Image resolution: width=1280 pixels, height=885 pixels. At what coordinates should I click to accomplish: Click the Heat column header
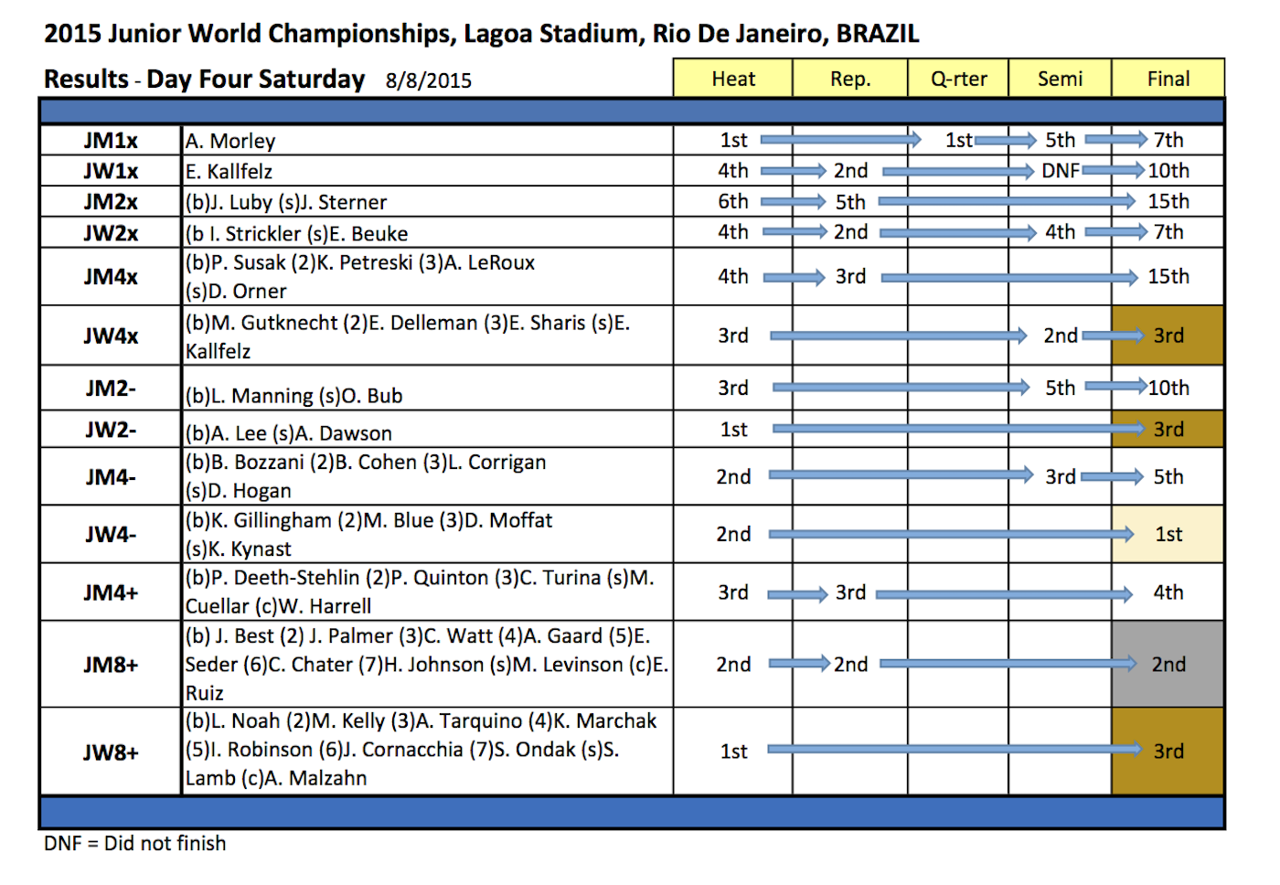click(x=733, y=79)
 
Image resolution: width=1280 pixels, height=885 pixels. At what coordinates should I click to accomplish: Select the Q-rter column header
click(x=958, y=79)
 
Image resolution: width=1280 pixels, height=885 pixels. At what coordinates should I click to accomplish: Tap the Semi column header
click(x=1060, y=79)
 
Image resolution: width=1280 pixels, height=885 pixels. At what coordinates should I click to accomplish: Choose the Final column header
click(x=1168, y=79)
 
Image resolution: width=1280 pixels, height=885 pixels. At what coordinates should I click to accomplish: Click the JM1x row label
click(x=111, y=141)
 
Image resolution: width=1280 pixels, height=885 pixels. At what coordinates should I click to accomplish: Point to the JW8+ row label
click(x=111, y=752)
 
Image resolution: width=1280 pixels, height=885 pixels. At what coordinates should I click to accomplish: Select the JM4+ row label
click(x=111, y=592)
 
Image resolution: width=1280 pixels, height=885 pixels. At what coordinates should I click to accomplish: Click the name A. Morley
click(x=230, y=141)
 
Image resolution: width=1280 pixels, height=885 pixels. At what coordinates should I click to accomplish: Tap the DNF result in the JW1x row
click(x=1060, y=171)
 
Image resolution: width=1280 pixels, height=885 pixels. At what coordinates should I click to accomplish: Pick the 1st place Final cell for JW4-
click(x=1168, y=534)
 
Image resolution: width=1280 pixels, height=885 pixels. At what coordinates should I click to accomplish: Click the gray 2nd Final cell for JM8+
click(x=1168, y=665)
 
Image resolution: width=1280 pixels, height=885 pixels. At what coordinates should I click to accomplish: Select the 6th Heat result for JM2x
click(x=733, y=201)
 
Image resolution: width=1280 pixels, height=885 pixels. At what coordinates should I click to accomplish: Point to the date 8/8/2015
click(x=428, y=80)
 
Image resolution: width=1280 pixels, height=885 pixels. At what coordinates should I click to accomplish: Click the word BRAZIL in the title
click(x=878, y=34)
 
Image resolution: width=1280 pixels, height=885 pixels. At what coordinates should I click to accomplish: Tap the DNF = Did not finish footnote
click(x=134, y=843)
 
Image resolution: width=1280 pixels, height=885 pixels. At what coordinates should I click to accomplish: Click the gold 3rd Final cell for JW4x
click(x=1168, y=336)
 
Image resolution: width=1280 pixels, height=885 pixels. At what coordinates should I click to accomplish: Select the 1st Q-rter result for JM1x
click(x=958, y=140)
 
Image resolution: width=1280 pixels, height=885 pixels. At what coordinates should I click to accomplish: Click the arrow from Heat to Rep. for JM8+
click(x=798, y=664)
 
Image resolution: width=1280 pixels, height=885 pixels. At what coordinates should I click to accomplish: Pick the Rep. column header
click(x=850, y=79)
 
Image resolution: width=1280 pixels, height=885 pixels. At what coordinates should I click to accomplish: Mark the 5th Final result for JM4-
click(x=1168, y=476)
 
